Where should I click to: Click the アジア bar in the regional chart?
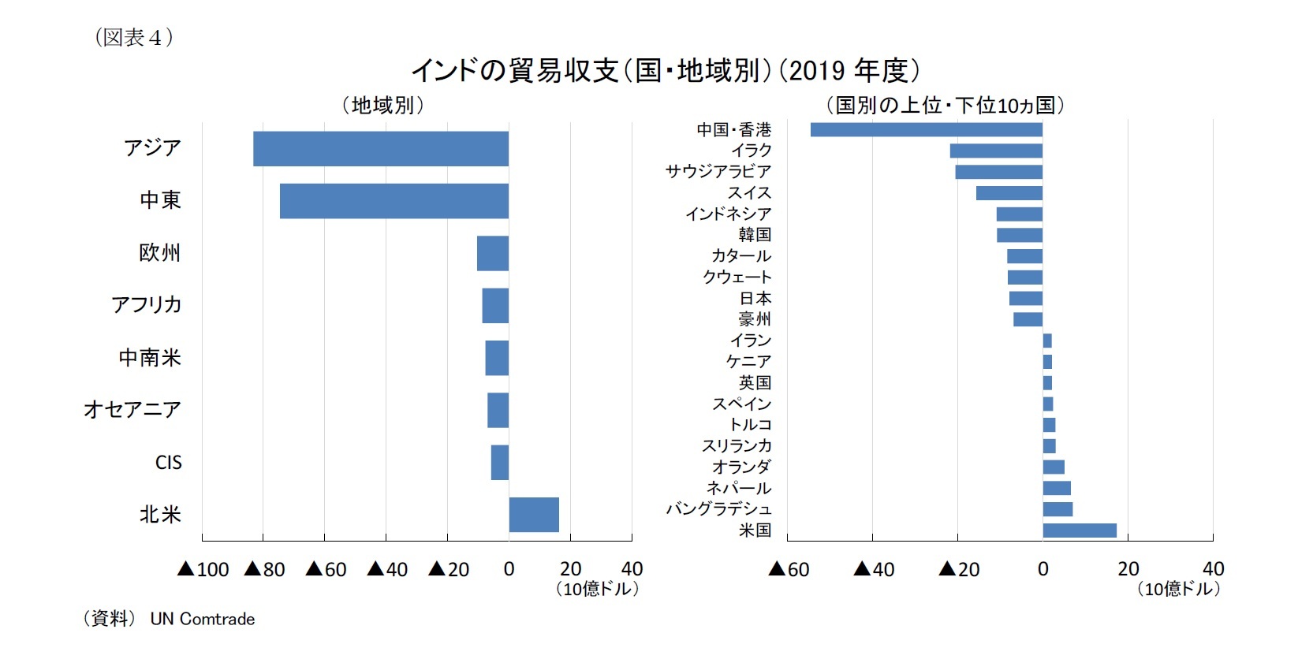(380, 149)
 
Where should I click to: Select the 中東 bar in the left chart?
(394, 201)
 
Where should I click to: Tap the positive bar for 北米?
(534, 515)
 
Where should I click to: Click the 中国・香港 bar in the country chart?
(926, 129)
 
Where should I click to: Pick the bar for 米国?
(1079, 531)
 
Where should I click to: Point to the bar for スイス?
(1009, 193)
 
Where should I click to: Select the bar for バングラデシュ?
(1057, 509)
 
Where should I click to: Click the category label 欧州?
(160, 253)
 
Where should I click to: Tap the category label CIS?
(168, 463)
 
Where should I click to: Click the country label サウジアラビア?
(718, 172)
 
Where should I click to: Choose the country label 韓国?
(755, 235)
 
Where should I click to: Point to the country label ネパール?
(739, 488)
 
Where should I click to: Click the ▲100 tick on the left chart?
(203, 569)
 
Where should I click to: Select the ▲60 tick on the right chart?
(789, 569)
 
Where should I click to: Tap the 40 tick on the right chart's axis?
(1213, 569)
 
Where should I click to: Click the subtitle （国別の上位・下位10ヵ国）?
(945, 105)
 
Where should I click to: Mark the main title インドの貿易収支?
(515, 71)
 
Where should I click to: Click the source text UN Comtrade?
(203, 620)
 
